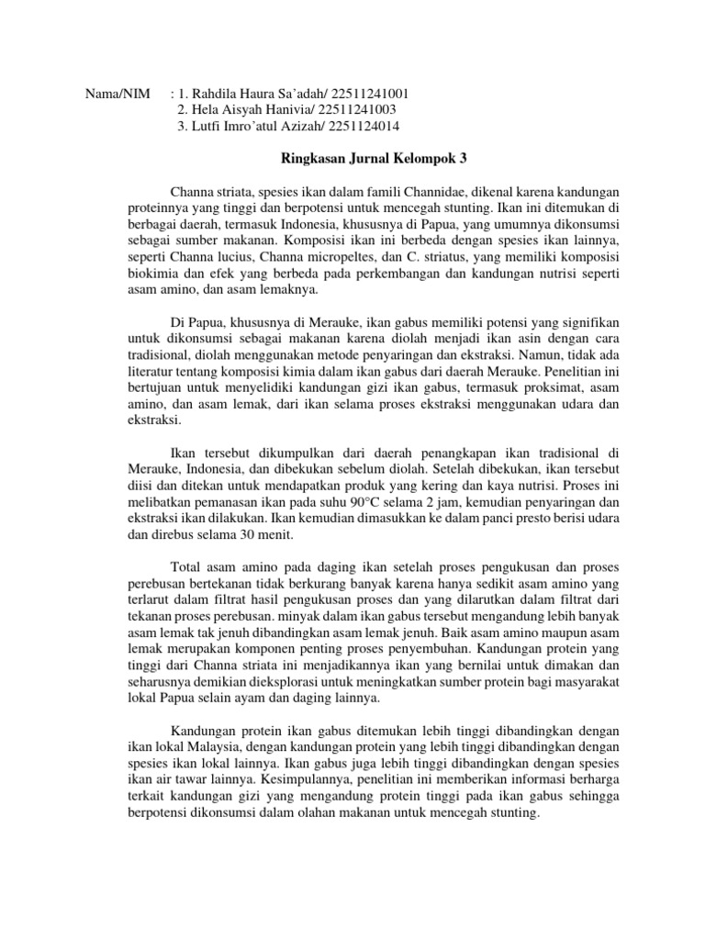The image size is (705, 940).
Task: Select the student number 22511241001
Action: coord(371,94)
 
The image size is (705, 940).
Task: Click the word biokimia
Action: coord(152,274)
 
